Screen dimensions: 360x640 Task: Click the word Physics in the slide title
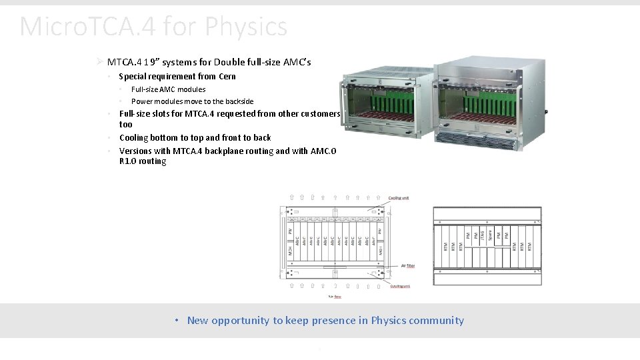tap(246, 27)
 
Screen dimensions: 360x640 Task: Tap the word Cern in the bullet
tap(227, 77)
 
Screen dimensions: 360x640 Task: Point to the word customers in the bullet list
tap(320, 113)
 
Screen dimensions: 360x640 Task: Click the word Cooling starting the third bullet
tap(134, 137)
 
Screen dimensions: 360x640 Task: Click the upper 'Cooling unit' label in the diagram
tap(399, 198)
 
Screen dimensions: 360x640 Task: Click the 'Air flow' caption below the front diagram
tap(335, 297)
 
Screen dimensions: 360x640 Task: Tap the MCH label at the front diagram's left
tap(290, 251)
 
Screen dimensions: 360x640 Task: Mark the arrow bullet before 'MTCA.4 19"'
tap(99, 62)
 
